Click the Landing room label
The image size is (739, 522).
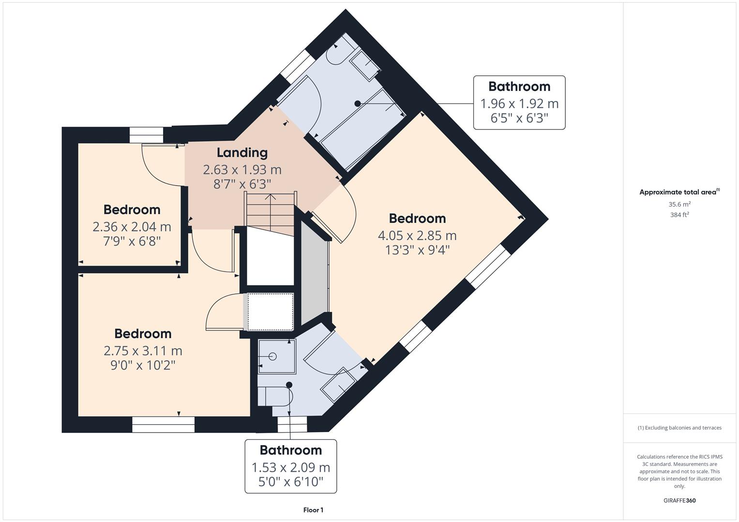(x=242, y=153)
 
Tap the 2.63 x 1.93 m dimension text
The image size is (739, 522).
(x=242, y=170)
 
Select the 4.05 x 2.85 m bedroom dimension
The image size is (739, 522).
(x=417, y=236)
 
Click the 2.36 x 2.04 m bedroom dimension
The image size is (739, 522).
(x=132, y=227)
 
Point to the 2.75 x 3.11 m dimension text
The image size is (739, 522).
(x=143, y=350)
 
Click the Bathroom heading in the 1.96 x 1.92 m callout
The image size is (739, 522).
(x=519, y=87)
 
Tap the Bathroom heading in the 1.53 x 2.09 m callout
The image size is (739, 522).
(x=291, y=450)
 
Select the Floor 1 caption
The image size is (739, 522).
(x=314, y=510)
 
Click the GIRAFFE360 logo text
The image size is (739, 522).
(x=679, y=500)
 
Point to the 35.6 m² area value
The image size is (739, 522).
(x=679, y=204)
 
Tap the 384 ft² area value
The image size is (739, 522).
(x=679, y=215)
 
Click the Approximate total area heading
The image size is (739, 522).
(x=679, y=192)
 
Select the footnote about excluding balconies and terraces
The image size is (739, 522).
(x=679, y=428)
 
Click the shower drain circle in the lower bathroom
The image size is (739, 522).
(x=272, y=356)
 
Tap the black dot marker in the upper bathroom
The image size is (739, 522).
(x=357, y=103)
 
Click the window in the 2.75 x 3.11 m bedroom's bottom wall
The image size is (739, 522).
(x=163, y=424)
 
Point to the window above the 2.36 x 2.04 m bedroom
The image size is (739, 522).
(x=147, y=135)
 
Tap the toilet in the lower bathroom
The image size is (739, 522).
(x=275, y=396)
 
